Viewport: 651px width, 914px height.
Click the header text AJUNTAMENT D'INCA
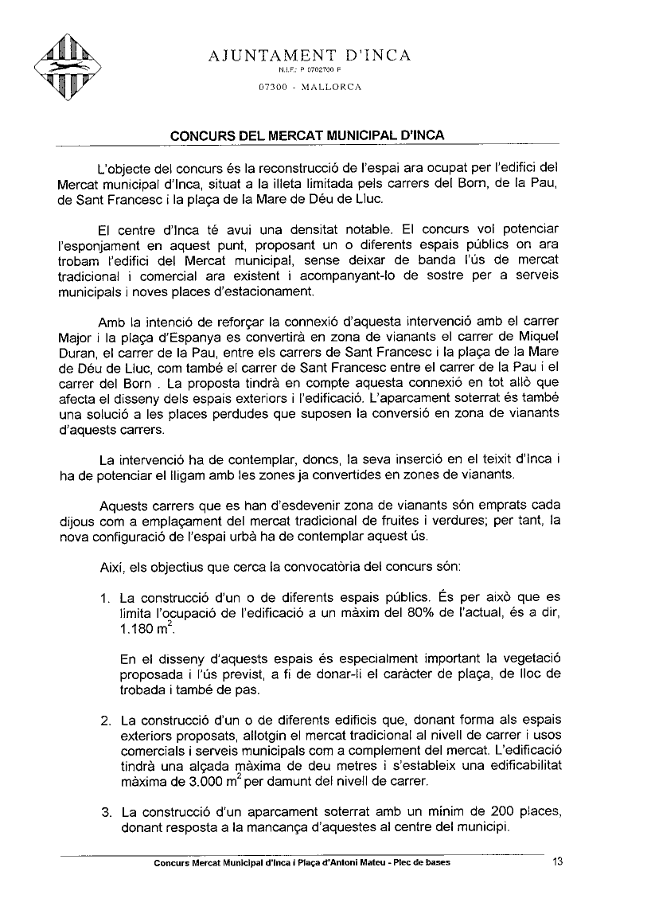(310, 55)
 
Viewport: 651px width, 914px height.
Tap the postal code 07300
(273, 87)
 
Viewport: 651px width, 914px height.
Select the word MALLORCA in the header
(330, 87)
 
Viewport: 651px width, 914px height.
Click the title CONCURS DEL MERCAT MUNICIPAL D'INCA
(307, 135)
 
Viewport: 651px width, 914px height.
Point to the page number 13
(557, 861)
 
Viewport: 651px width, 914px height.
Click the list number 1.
(104, 598)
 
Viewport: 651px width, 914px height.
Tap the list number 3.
(105, 813)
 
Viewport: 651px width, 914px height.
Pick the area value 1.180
(138, 631)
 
